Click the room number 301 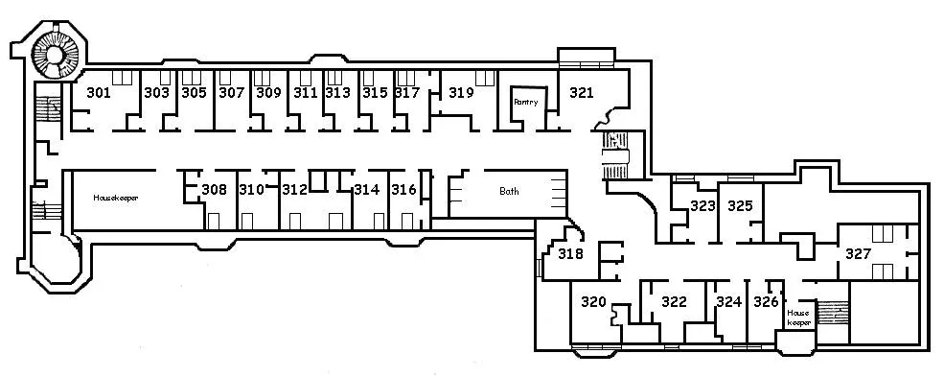pos(99,93)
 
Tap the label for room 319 pos(461,93)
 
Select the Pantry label pos(525,103)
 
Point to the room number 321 pos(581,93)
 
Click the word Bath pos(509,192)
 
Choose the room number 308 pos(215,190)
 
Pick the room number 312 pos(295,190)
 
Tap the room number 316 pos(404,190)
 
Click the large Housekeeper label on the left pos(116,198)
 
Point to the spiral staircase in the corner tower pos(56,55)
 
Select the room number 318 pos(571,254)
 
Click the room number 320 pos(593,302)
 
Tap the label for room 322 pos(674,302)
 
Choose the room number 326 pos(766,302)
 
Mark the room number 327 pos(858,254)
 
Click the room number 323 pos(702,206)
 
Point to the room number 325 pos(740,206)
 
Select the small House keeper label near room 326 pos(799,318)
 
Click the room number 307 pos(231,93)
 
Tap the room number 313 pos(337,93)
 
